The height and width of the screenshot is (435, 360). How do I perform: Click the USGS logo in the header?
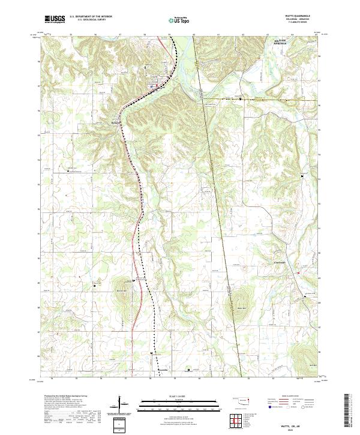point(55,20)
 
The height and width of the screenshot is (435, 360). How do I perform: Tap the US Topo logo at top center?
point(177,20)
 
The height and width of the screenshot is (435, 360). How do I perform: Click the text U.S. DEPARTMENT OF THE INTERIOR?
point(91,17)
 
